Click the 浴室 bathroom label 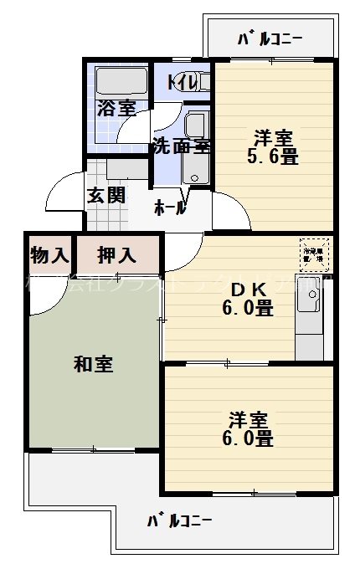tap(116, 108)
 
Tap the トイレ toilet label tap(182, 82)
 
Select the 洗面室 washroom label tap(179, 146)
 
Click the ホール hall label tap(170, 209)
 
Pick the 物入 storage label tap(49, 253)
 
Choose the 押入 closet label tap(116, 253)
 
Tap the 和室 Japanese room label tap(93, 364)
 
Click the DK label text tap(249, 289)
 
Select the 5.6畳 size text tap(272, 156)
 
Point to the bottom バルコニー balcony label tap(179, 520)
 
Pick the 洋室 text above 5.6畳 tap(272, 136)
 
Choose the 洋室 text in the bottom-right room tap(249, 418)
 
